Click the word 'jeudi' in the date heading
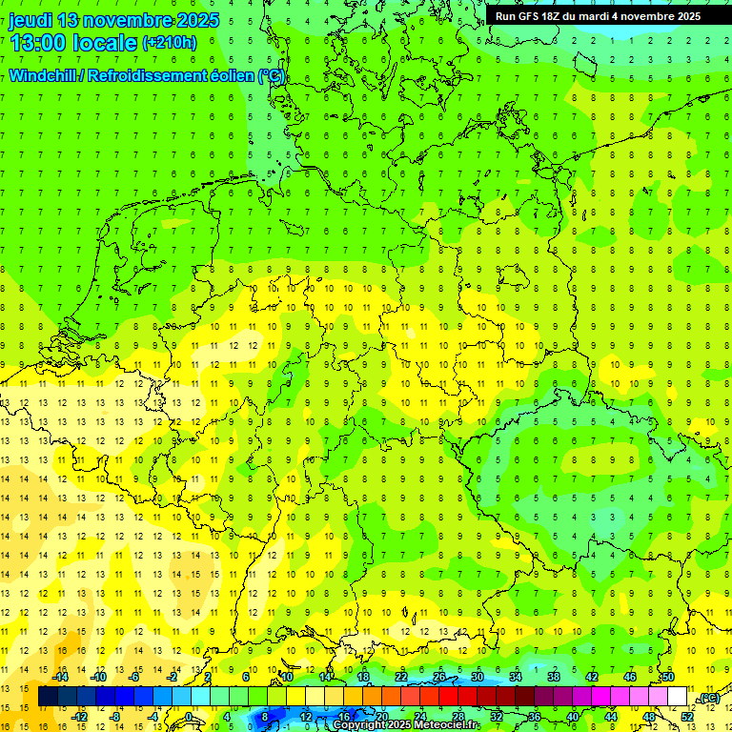click(x=31, y=20)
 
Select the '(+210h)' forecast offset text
click(x=169, y=43)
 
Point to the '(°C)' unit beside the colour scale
click(x=707, y=698)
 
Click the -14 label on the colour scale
click(x=61, y=677)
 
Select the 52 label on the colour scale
click(x=687, y=717)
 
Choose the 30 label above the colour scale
click(x=478, y=677)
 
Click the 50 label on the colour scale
click(x=668, y=677)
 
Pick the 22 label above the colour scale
click(x=401, y=677)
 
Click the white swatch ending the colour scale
click(x=678, y=697)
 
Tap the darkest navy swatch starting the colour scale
click(x=48, y=697)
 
